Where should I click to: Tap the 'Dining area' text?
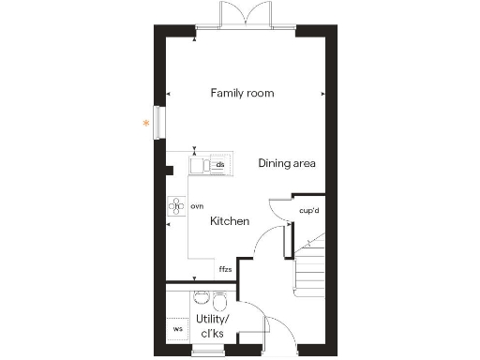(x=287, y=163)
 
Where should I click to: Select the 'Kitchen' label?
(x=229, y=221)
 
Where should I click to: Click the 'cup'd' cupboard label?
(x=309, y=211)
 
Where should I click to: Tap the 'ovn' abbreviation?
(x=197, y=205)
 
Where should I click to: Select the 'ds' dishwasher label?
(x=219, y=166)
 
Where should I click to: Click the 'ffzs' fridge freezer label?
(x=225, y=269)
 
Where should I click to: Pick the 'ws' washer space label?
(x=176, y=329)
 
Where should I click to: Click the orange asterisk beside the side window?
(x=145, y=123)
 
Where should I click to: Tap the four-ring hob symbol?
(x=175, y=206)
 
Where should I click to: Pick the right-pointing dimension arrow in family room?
(x=322, y=94)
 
